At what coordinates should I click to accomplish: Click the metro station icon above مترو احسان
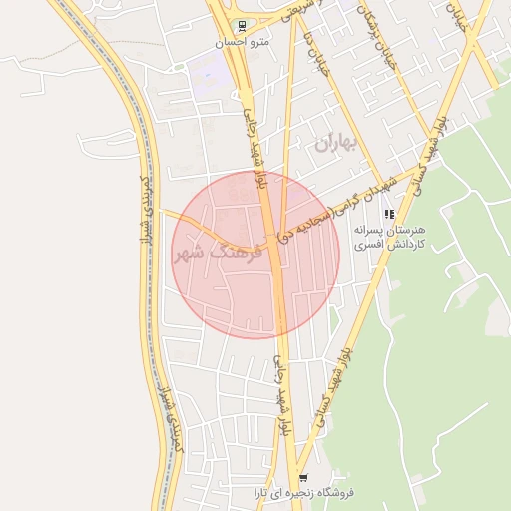pos(241,26)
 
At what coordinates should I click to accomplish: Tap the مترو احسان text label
pos(241,44)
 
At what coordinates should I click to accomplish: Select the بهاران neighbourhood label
pos(335,144)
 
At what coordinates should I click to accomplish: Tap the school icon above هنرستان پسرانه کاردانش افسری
pos(389,214)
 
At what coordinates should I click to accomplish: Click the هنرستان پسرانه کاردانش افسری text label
pos(389,236)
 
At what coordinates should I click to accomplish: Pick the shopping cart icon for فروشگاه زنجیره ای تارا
pos(303,479)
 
